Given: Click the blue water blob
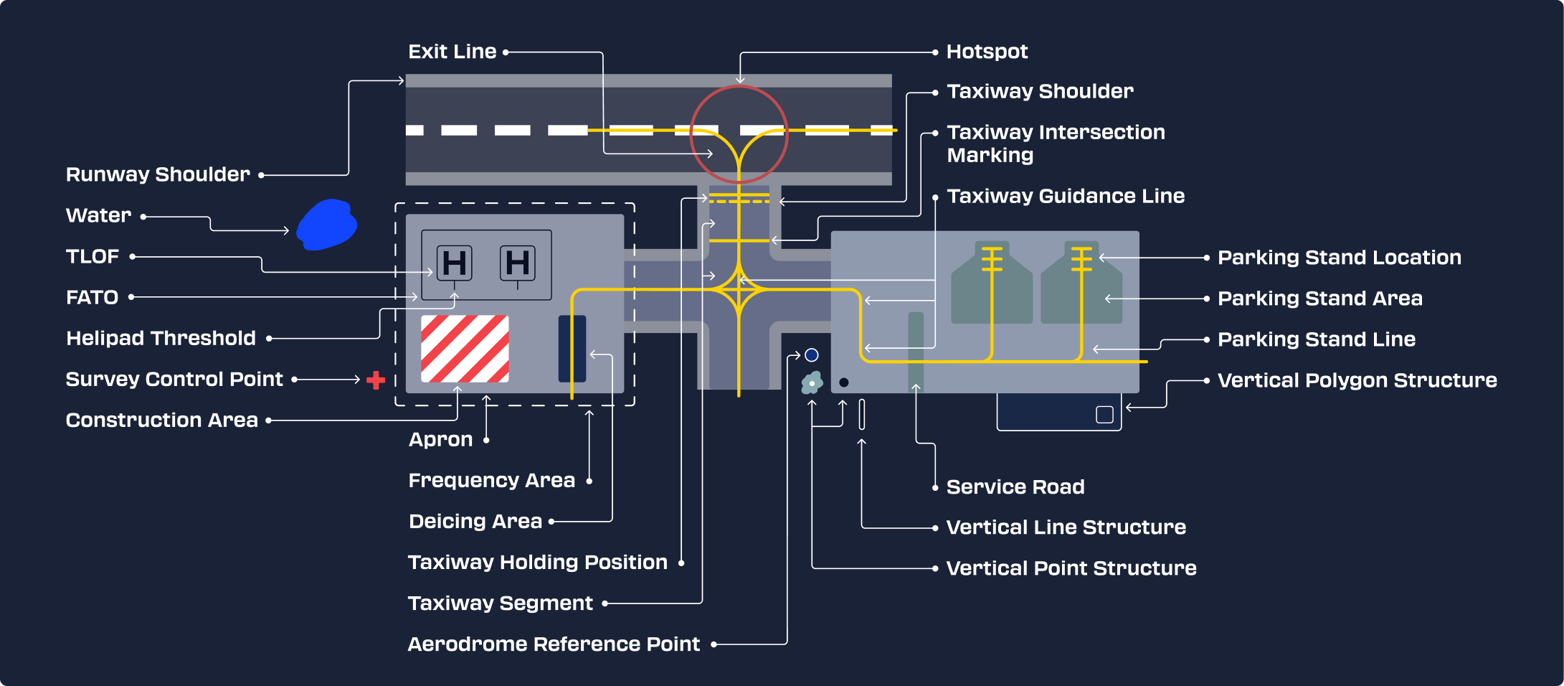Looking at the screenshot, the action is pyautogui.click(x=326, y=225).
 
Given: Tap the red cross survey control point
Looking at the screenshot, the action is pyautogui.click(x=376, y=380).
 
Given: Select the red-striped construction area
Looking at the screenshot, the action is pyautogui.click(x=465, y=349).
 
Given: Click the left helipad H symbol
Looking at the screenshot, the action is pyautogui.click(x=455, y=263).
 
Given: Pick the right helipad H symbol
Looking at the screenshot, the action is pyautogui.click(x=518, y=263).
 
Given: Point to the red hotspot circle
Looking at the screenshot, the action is pyautogui.click(x=739, y=86).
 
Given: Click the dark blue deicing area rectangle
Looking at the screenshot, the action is pyautogui.click(x=572, y=349).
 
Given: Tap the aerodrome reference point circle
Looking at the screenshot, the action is pyautogui.click(x=812, y=355).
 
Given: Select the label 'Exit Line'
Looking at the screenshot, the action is pyautogui.click(x=452, y=52).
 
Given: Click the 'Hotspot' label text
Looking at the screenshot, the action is pyautogui.click(x=987, y=52).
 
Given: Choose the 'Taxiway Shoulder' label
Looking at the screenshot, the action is pyautogui.click(x=1041, y=91).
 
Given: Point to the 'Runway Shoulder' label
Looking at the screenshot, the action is pyautogui.click(x=158, y=174).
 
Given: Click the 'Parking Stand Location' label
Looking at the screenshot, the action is pyautogui.click(x=1340, y=257).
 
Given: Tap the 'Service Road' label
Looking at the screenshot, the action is pyautogui.click(x=1015, y=487).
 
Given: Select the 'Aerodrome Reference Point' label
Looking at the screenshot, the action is pyautogui.click(x=554, y=644).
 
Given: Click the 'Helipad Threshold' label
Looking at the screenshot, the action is pyautogui.click(x=161, y=338).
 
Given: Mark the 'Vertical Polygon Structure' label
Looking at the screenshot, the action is pyautogui.click(x=1357, y=380).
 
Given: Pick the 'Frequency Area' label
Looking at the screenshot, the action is pyautogui.click(x=492, y=480).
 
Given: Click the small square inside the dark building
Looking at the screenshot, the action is pyautogui.click(x=1105, y=415).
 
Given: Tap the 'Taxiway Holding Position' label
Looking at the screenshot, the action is pyautogui.click(x=538, y=562).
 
